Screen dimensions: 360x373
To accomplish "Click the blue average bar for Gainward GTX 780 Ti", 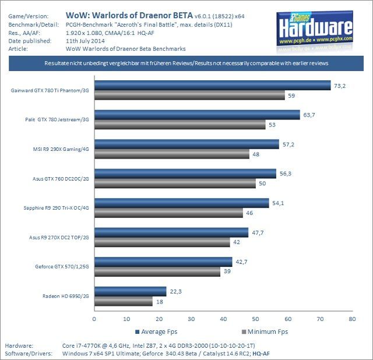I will pyautogui.click(x=212, y=85).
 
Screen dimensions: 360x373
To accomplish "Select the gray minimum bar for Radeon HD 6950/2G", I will pyautogui.click(x=123, y=301).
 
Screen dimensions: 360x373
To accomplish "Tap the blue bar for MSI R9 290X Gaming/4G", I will pyautogui.click(x=186, y=144).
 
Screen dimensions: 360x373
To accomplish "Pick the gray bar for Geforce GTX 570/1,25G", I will pyautogui.click(x=157, y=271).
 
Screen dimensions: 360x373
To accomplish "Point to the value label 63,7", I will pyautogui.click(x=309, y=115).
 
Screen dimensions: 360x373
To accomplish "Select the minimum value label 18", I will pyautogui.click(x=159, y=301).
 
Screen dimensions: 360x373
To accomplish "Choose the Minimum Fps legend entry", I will pyautogui.click(x=265, y=331).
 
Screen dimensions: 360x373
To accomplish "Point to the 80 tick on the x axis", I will pyautogui.click(x=351, y=319).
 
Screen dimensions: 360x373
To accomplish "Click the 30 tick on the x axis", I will pyautogui.click(x=191, y=319).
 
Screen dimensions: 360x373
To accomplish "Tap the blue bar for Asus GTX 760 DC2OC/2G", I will pyautogui.click(x=185, y=174).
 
